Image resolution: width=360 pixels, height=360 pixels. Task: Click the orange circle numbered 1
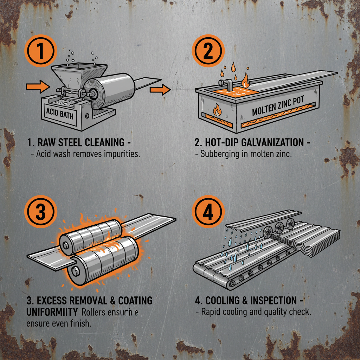[x=40, y=52]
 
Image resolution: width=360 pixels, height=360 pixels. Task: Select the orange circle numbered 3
[x=41, y=211]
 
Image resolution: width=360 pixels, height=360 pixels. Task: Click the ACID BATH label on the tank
[x=60, y=114]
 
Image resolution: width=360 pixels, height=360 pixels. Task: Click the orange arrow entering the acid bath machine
[x=38, y=86]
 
